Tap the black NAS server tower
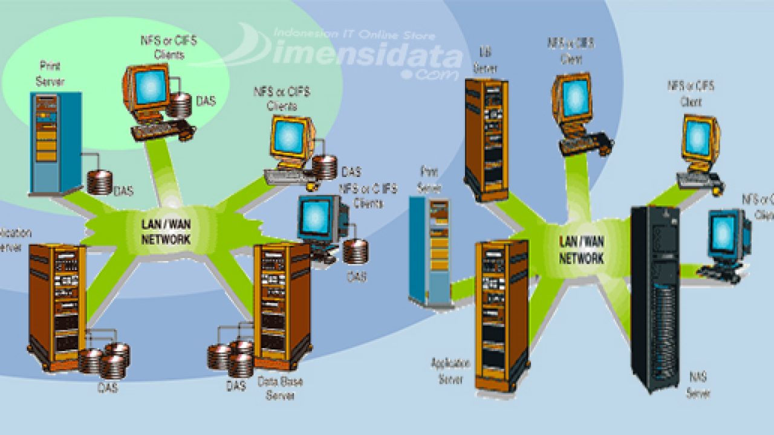(655, 296)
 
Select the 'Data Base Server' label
(280, 388)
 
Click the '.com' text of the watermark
(431, 74)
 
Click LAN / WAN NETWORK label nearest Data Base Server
(166, 231)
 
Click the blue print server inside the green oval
(55, 143)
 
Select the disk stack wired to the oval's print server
(100, 182)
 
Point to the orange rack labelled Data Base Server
(282, 305)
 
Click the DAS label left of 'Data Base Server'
(236, 385)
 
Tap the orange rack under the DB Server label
(486, 138)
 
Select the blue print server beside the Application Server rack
(430, 251)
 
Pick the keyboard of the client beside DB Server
(584, 145)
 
